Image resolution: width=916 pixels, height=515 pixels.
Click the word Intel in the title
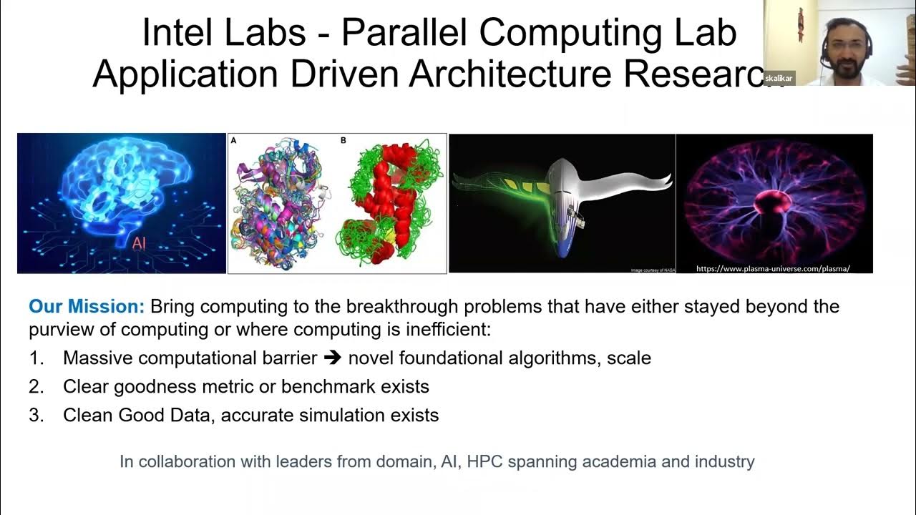tap(179, 33)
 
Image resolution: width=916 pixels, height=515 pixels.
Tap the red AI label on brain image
tap(140, 243)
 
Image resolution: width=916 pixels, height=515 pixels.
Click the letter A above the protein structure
tap(233, 141)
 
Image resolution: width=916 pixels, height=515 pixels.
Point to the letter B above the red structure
tap(343, 141)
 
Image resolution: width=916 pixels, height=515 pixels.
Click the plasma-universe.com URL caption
tap(773, 268)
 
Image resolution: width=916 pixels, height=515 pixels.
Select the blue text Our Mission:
tap(87, 307)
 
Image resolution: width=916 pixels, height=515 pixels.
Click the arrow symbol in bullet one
tap(332, 358)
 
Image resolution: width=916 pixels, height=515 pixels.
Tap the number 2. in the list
tap(36, 387)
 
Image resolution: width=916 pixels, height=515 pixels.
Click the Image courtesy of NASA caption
tap(651, 270)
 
